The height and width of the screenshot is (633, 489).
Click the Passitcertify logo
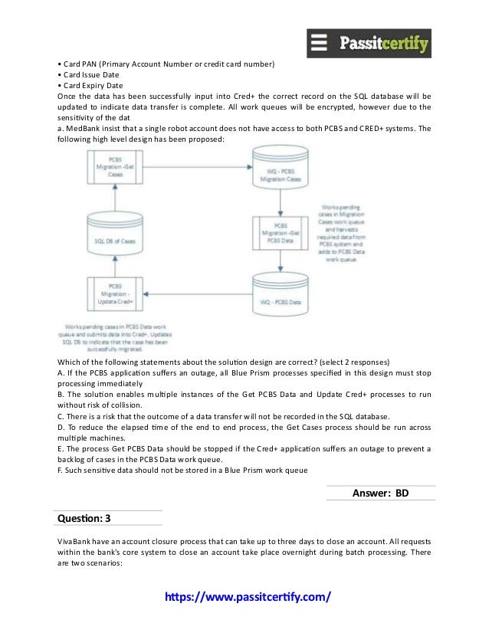[369, 43]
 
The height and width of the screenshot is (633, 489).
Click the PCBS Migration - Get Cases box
[115, 168]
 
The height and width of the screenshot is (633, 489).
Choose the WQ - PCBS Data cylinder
[279, 301]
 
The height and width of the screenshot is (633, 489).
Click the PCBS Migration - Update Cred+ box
[115, 295]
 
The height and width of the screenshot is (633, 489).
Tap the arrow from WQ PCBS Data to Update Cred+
[199, 292]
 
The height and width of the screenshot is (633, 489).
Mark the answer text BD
[402, 493]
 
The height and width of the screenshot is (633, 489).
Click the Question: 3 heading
[84, 519]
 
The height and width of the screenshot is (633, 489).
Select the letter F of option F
[61, 471]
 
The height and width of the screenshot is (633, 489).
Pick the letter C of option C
[61, 416]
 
